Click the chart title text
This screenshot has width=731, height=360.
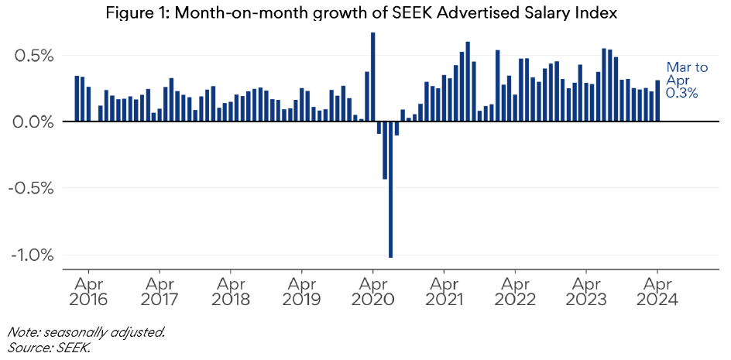pos(364,13)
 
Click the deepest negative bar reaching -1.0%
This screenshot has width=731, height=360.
pos(390,189)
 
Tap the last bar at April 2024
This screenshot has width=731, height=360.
pos(657,101)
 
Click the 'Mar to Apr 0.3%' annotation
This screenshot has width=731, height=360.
pos(687,81)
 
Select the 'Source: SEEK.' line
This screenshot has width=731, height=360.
pos(49,348)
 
